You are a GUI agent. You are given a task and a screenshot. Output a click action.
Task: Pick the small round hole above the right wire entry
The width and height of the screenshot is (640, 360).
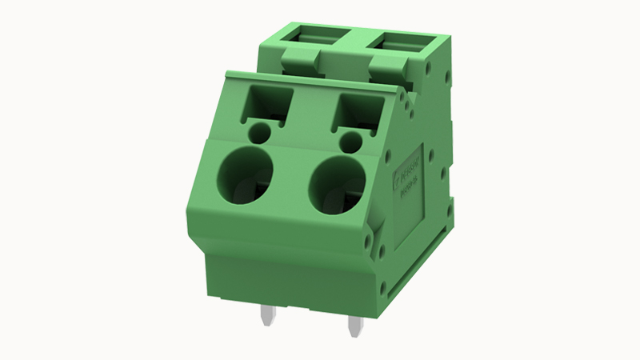coord(349,142)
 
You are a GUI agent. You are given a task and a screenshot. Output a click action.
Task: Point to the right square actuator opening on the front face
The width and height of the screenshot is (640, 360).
coord(356,111)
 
